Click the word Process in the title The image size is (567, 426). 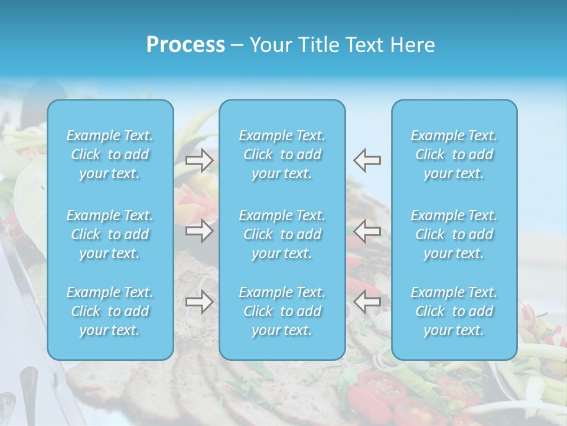[x=185, y=45]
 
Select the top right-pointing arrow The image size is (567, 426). [x=200, y=160]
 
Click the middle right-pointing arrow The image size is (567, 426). [x=200, y=231]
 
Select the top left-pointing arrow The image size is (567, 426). [x=367, y=160]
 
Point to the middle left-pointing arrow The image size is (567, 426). [x=367, y=231]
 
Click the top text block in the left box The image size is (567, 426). [x=110, y=154]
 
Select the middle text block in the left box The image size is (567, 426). [x=110, y=234]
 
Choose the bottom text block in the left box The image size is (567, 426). [x=110, y=311]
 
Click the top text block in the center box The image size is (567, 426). [x=282, y=154]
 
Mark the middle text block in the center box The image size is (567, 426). [x=282, y=234]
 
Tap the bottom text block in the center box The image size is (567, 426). [x=282, y=311]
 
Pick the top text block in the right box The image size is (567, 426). [x=454, y=154]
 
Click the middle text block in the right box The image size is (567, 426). [x=454, y=234]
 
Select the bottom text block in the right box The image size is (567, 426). [x=454, y=311]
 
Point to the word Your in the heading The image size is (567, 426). [x=269, y=45]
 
